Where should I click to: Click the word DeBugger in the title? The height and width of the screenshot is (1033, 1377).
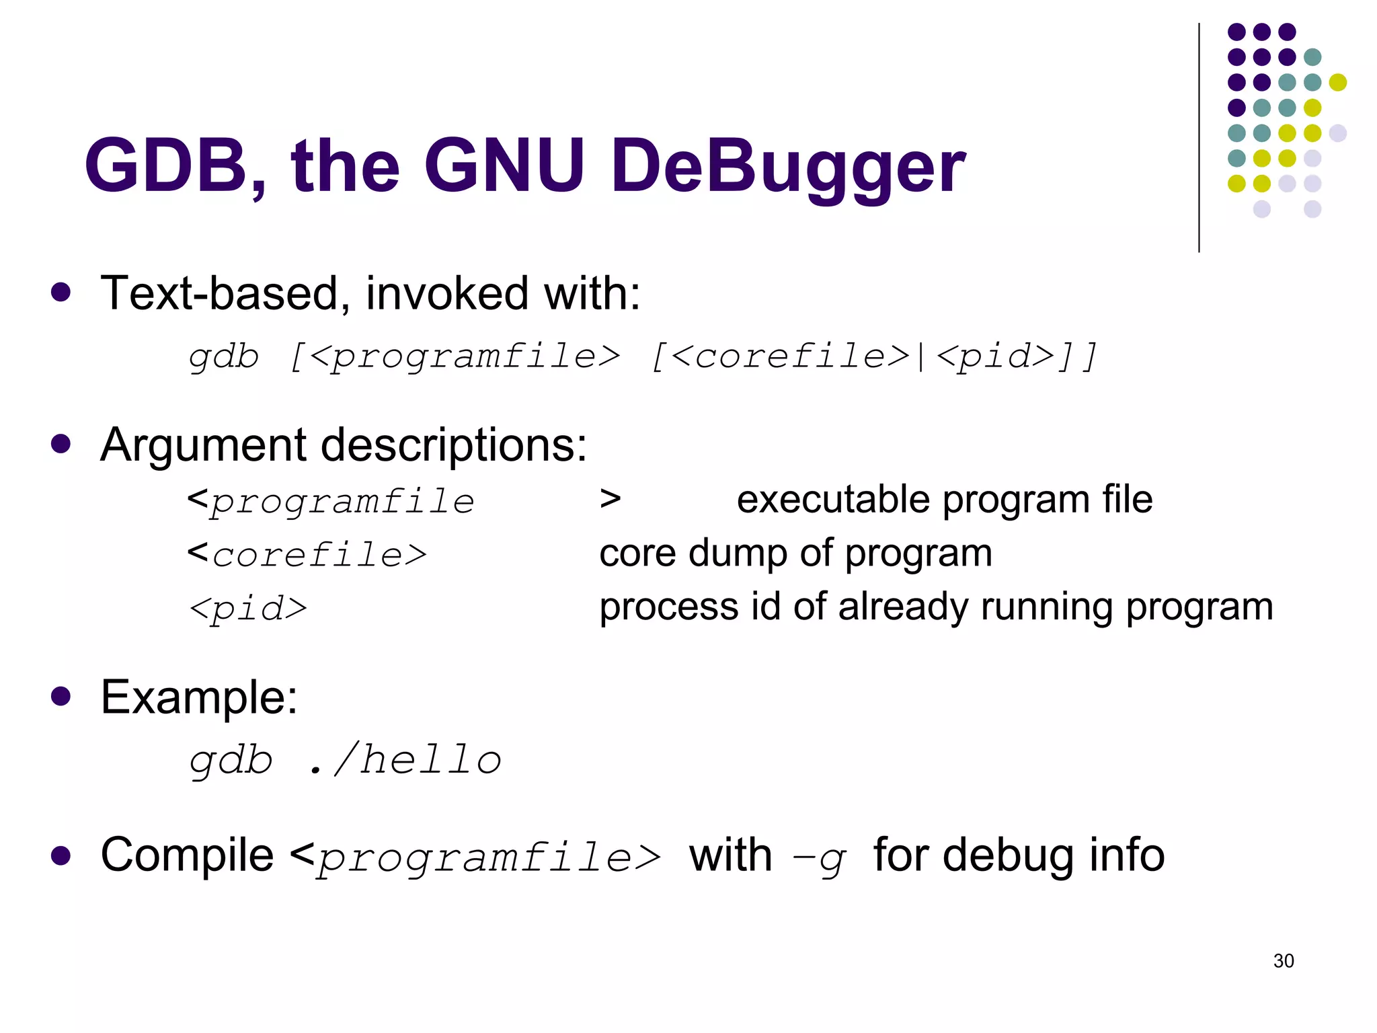pos(787,166)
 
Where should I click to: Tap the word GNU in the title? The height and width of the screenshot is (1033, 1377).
pos(504,165)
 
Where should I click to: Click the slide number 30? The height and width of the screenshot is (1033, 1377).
pos(1283,960)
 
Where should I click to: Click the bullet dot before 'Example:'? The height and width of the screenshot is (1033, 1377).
pos(61,695)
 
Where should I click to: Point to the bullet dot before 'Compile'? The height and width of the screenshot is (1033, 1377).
pos(61,855)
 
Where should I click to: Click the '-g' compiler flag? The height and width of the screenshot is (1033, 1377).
pos(819,857)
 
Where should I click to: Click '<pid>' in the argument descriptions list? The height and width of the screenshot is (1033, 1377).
pos(248,609)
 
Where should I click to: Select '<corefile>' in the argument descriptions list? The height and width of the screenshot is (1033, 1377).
pos(307,555)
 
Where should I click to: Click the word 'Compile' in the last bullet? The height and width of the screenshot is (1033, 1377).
pos(187,855)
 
